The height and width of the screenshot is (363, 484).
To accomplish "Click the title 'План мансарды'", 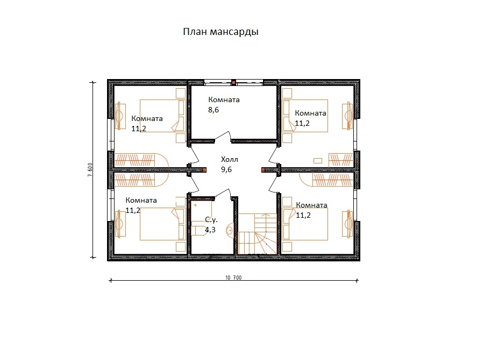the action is click(220, 32).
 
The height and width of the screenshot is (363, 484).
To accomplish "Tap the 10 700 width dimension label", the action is click(233, 277).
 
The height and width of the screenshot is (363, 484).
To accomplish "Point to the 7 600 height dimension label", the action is click(90, 169).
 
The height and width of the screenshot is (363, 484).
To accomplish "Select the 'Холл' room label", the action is click(229, 160).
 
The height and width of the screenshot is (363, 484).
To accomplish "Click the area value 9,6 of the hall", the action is click(226, 170).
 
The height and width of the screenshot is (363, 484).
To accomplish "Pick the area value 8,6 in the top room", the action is click(213, 110).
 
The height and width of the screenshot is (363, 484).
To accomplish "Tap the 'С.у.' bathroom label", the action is click(211, 220).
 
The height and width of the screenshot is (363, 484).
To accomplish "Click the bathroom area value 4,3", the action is click(210, 230).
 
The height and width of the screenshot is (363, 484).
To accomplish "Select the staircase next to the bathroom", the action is click(258, 234).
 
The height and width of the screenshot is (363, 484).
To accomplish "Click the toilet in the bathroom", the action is click(198, 231).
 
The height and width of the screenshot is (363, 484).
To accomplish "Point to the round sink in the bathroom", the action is click(230, 230).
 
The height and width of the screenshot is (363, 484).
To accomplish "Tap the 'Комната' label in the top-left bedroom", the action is click(147, 118).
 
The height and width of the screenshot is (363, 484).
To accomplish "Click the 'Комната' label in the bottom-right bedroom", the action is click(311, 205).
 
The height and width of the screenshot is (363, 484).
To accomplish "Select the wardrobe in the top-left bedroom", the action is click(134, 160).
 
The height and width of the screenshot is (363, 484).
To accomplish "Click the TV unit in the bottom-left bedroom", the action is click(120, 224).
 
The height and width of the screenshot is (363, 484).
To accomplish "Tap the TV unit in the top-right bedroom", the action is click(347, 116).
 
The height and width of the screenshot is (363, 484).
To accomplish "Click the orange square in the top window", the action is click(234, 82).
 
